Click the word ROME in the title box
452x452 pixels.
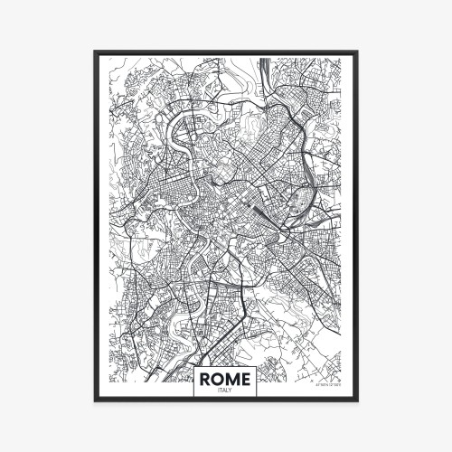click(x=226, y=377)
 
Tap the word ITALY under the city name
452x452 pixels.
click(x=226, y=390)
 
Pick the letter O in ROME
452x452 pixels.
click(x=219, y=377)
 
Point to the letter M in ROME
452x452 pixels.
click(x=233, y=377)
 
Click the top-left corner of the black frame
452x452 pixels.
click(x=95, y=52)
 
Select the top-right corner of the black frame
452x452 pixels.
click(x=357, y=52)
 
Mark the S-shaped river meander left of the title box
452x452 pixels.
click(x=163, y=348)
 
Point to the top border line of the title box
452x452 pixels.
click(x=226, y=364)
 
